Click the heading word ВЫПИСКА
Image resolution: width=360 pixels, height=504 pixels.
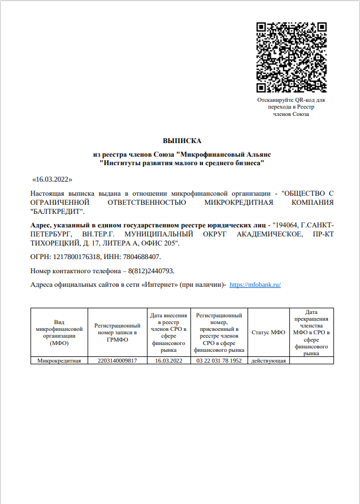pos(182,140)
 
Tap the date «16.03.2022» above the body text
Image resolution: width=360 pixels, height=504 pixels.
pos(53,179)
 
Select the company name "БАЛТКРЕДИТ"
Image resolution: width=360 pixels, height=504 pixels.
pos(57,212)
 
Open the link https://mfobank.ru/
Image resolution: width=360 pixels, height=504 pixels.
pos(255,285)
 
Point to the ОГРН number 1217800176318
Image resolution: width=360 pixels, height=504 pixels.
pos(79,257)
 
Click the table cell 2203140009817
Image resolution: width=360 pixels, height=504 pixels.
pos(118,360)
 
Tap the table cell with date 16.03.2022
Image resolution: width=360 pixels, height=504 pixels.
pos(169,360)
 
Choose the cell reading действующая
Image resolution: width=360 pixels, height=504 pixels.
pos(268,360)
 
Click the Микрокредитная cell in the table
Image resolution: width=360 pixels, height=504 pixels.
pos(59,360)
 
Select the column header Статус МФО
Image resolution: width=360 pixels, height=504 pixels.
pos(268,333)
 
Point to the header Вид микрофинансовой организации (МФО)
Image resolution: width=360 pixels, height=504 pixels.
pos(59,333)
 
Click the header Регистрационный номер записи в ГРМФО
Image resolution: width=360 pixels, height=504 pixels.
pos(118,333)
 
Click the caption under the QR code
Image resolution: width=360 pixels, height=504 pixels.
pos(290,107)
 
